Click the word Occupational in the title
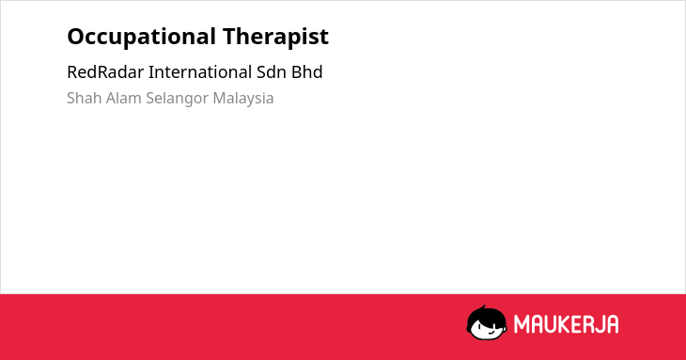(141, 37)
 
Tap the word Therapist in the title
(275, 37)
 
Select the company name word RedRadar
(105, 72)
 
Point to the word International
(200, 72)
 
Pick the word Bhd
(306, 72)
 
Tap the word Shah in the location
(85, 98)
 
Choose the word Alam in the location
(124, 98)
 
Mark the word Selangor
(178, 99)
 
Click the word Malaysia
(243, 99)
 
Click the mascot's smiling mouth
(491, 332)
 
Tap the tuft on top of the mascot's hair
(483, 307)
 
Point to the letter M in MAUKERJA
(522, 324)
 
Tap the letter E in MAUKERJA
(579, 324)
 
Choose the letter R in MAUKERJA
(589, 324)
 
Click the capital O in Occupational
(76, 37)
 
